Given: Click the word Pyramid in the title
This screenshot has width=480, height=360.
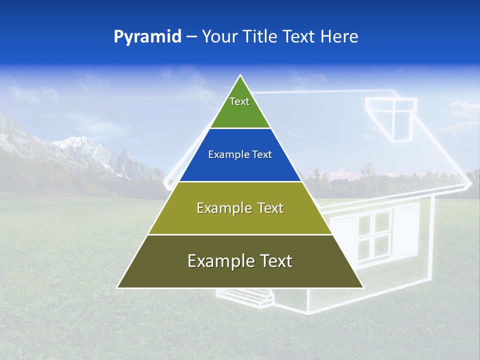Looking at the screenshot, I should [147, 37].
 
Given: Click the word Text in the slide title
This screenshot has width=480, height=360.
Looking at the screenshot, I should [300, 37].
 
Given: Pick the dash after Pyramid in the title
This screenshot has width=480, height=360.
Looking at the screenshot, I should [191, 37].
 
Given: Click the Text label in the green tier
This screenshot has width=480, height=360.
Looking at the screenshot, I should [239, 102].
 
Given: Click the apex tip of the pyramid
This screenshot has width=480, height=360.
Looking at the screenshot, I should [240, 75].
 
